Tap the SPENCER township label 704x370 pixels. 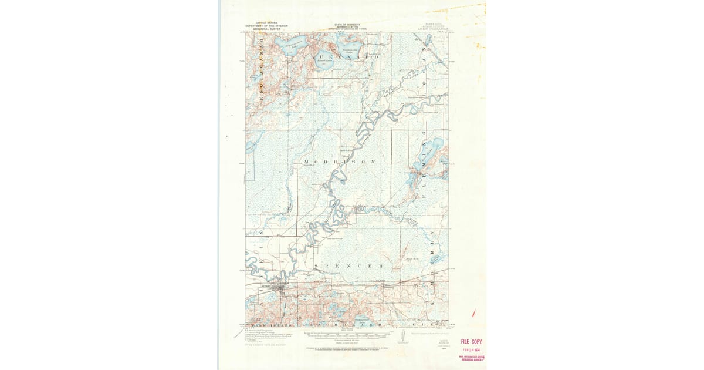(x=348, y=266)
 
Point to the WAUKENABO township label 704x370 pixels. (x=340, y=57)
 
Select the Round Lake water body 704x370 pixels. (x=323, y=62)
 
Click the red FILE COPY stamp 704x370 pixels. (x=471, y=341)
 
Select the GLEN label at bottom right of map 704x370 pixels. (x=431, y=324)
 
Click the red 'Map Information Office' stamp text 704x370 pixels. (x=472, y=358)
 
